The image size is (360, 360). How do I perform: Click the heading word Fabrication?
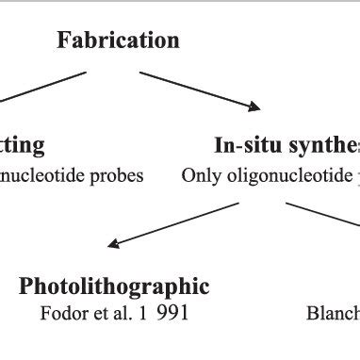click(x=118, y=41)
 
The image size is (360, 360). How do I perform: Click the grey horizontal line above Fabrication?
click(x=180, y=3)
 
